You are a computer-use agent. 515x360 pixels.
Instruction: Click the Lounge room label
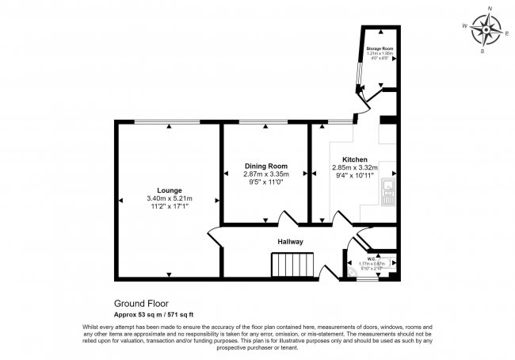coord(170,190)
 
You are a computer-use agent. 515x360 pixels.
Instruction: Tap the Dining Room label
coord(265,166)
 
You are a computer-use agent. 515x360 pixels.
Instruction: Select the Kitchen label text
coord(354,159)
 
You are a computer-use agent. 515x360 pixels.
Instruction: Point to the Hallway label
coord(290,241)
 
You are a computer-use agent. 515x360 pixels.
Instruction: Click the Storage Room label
coord(380,49)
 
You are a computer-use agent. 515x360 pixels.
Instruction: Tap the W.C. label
coord(371,258)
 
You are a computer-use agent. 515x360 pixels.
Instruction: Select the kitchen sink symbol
coord(388,192)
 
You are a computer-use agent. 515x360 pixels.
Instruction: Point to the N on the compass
coord(490,8)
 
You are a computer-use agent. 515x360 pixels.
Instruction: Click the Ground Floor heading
coord(142,302)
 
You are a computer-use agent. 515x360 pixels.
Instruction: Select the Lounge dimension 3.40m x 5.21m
coord(170,198)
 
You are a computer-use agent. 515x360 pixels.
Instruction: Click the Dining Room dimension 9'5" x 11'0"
coord(265,182)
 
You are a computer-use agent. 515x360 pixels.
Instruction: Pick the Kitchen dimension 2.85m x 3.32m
coord(354,167)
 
